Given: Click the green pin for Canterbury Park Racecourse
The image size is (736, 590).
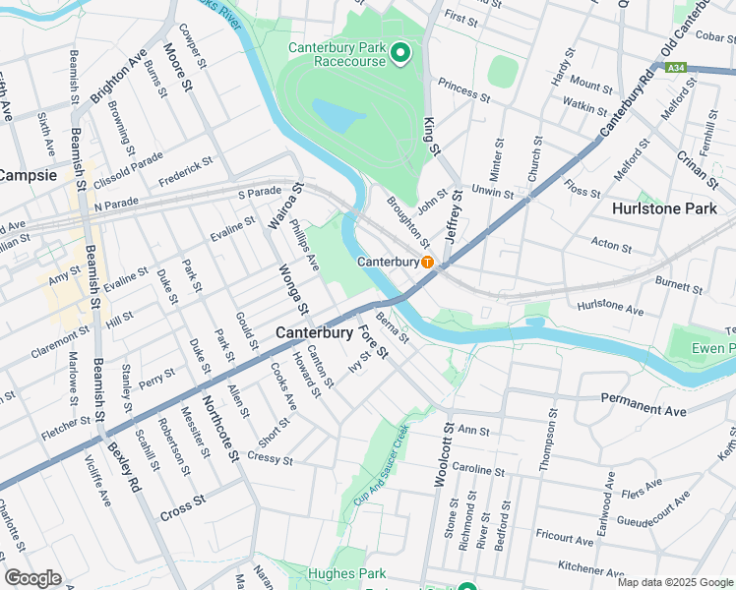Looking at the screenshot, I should [399, 53].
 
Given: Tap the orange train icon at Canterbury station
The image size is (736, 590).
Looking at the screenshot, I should [428, 263].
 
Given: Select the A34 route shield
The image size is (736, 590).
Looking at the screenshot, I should [675, 68].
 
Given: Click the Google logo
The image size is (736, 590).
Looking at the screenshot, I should [32, 578].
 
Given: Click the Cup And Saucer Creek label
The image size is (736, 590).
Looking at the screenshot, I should [388, 456].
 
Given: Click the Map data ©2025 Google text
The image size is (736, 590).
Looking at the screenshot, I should [675, 582].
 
